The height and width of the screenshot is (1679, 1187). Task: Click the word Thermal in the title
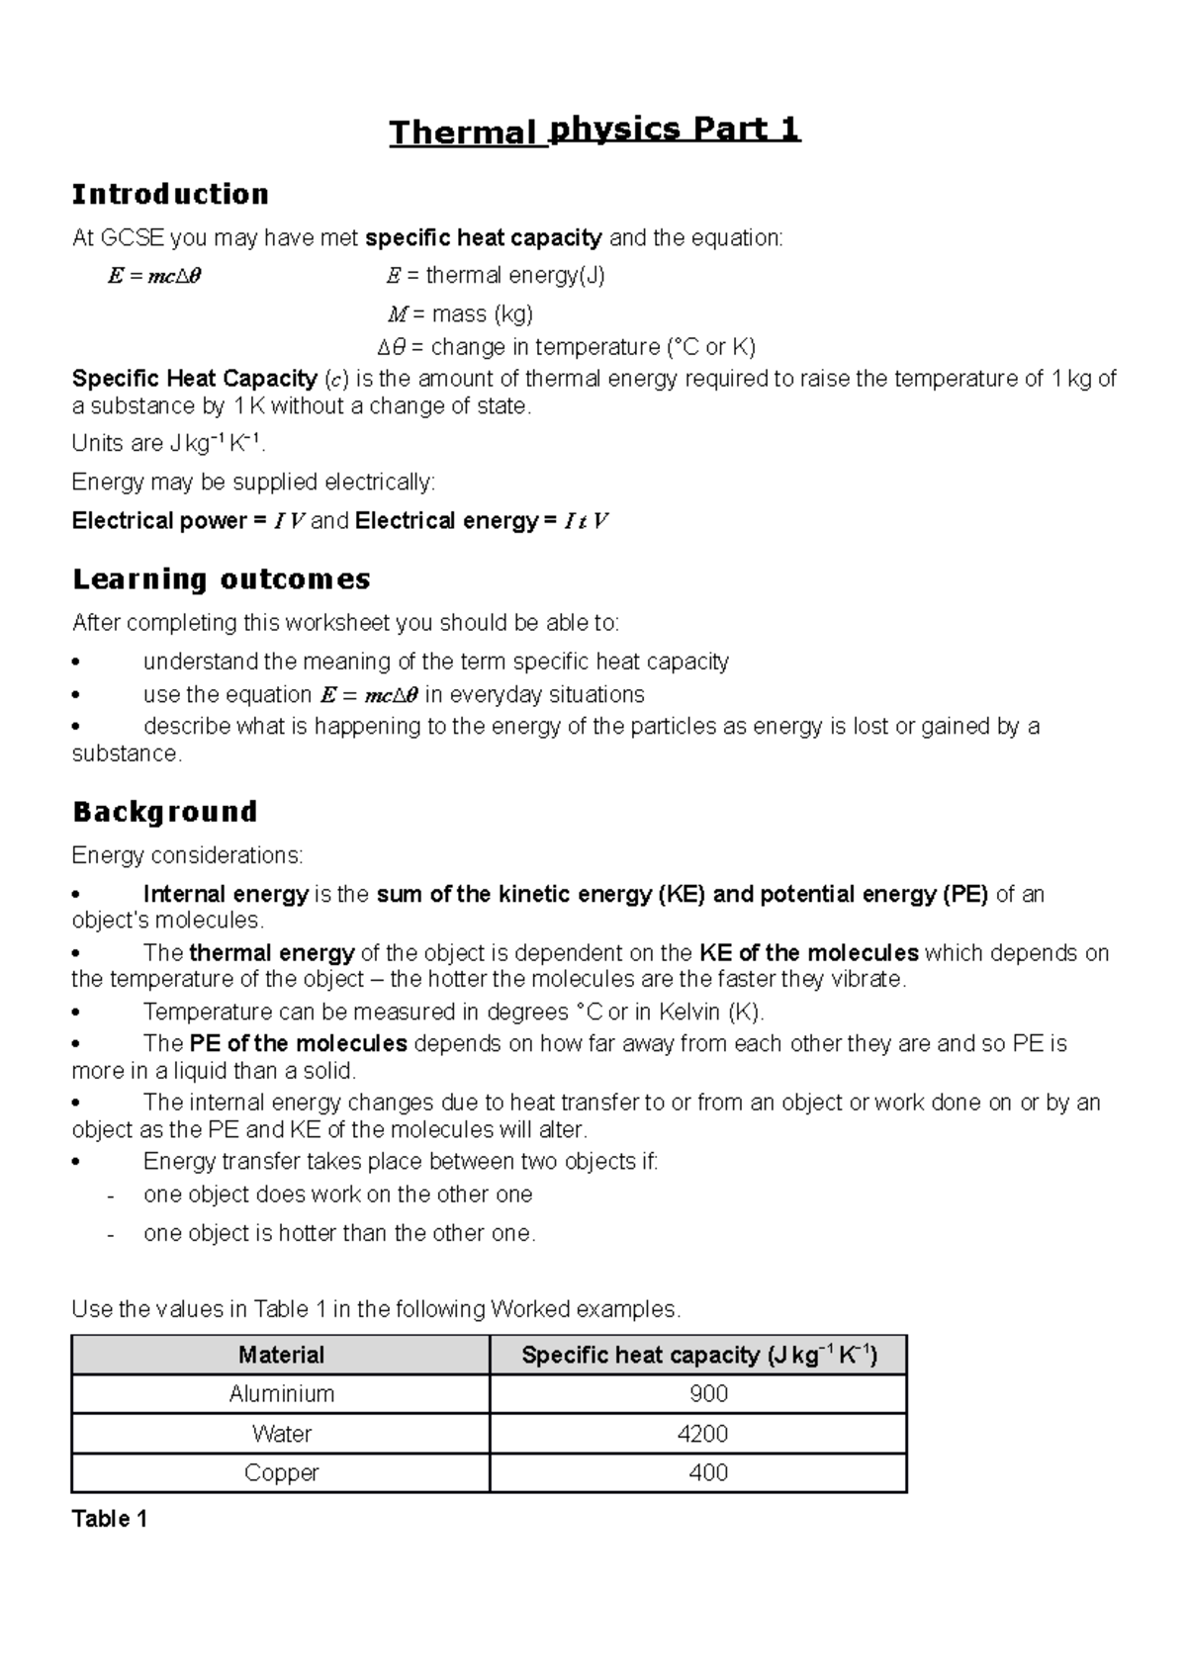tap(463, 133)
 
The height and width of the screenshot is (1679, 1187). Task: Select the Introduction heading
tap(170, 194)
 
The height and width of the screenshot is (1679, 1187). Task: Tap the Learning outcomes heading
tap(222, 579)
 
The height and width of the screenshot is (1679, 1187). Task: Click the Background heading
tap(164, 812)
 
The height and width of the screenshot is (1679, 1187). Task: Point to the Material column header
tap(281, 1355)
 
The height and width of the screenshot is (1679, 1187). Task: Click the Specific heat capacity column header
tap(698, 1355)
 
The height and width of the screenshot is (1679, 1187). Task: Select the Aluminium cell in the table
tap(281, 1394)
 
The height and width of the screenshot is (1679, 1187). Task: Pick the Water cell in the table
tap(281, 1434)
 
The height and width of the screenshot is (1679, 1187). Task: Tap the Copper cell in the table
tap(281, 1473)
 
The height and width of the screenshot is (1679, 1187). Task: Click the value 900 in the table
tap(708, 1394)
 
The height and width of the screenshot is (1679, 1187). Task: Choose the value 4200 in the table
tap(708, 1434)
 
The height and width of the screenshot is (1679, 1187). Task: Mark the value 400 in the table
tap(708, 1473)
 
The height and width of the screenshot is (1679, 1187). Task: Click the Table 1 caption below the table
tap(110, 1520)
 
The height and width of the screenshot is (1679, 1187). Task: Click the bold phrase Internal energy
tap(226, 895)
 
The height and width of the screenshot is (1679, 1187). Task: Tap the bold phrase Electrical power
tap(159, 521)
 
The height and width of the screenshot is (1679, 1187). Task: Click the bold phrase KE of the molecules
tap(808, 953)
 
